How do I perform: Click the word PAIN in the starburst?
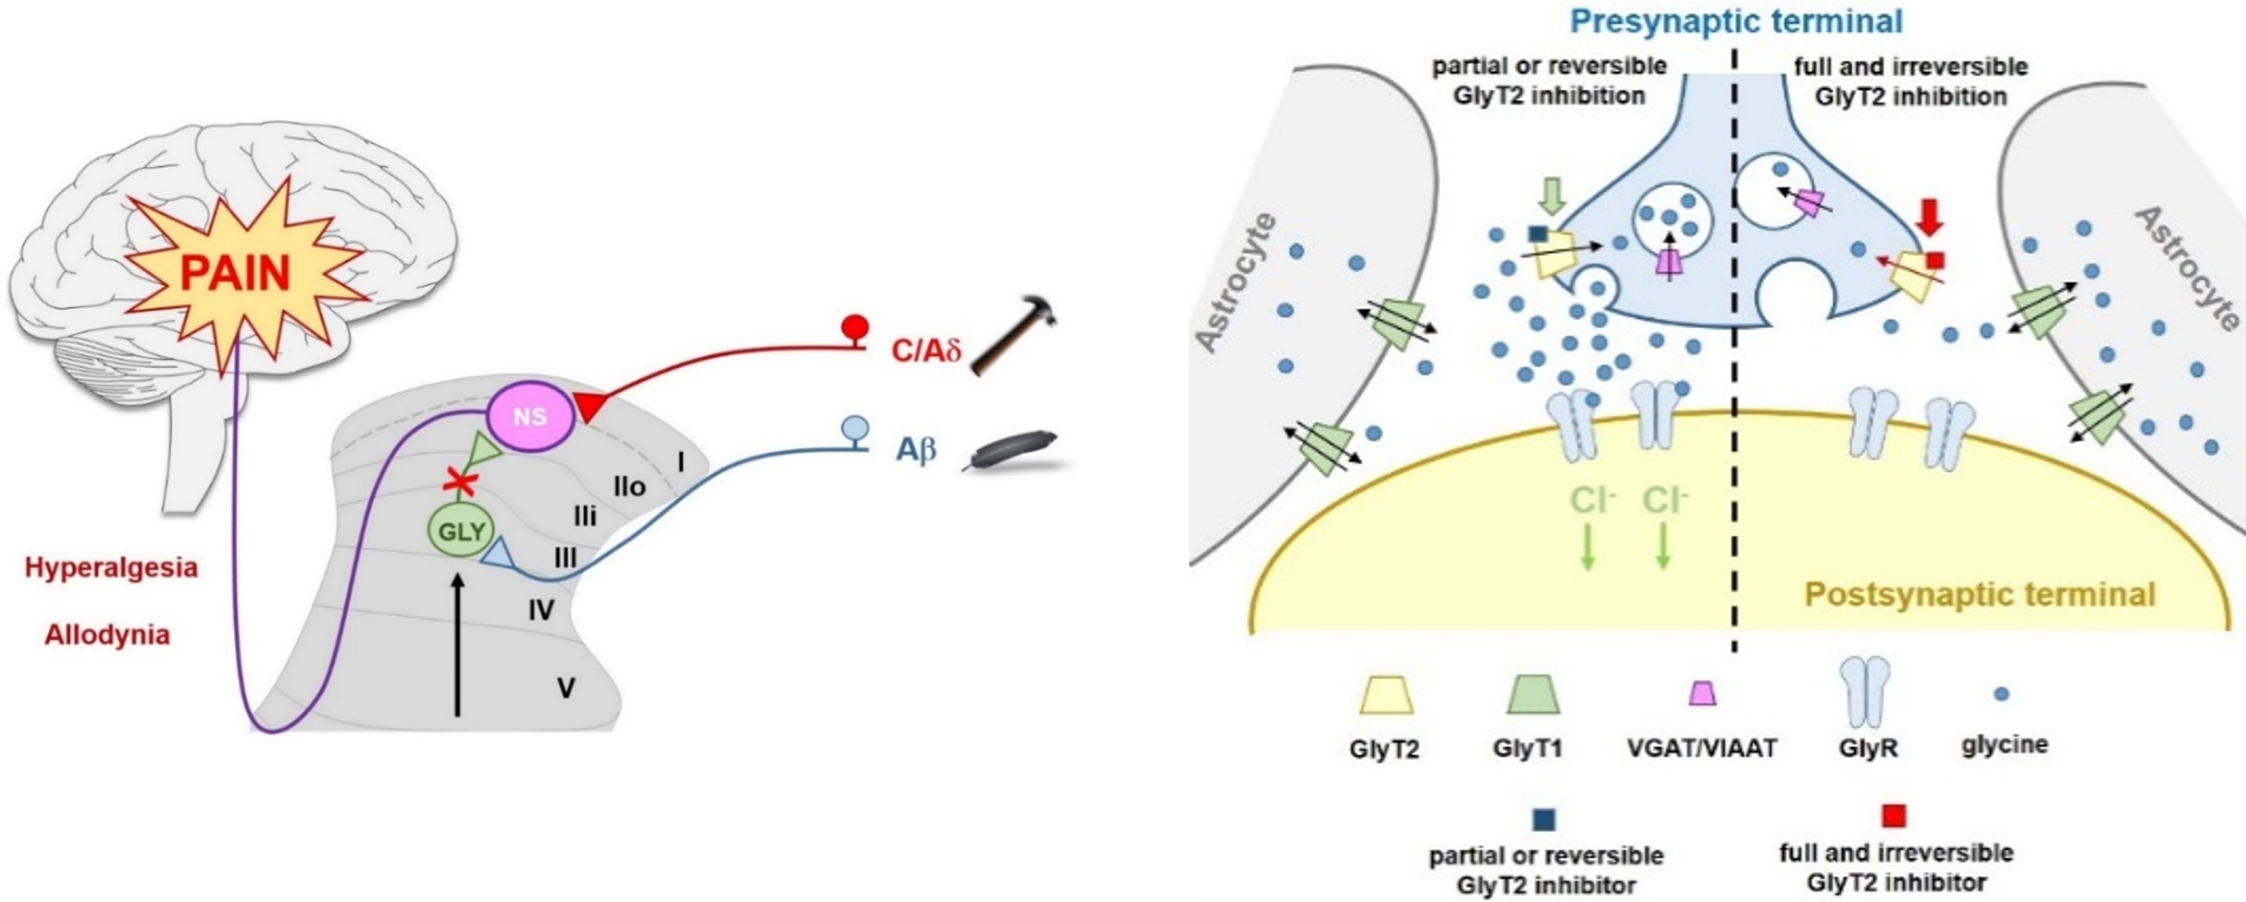coord(235,274)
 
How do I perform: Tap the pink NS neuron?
coord(530,417)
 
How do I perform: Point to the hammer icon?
coord(1013,335)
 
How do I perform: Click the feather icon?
coord(1011,451)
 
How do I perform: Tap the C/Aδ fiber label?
coord(925,352)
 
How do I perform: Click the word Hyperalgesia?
coord(111,568)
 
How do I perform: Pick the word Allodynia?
coord(107,635)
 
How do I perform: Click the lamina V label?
coord(566,689)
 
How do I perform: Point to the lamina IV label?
coord(541,611)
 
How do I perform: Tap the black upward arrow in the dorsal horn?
coord(456,645)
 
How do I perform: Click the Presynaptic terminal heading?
coord(1736,22)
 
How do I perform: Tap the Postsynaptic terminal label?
coord(1979,595)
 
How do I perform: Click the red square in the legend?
coord(1894,816)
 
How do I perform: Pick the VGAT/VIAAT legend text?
coord(1702,747)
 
